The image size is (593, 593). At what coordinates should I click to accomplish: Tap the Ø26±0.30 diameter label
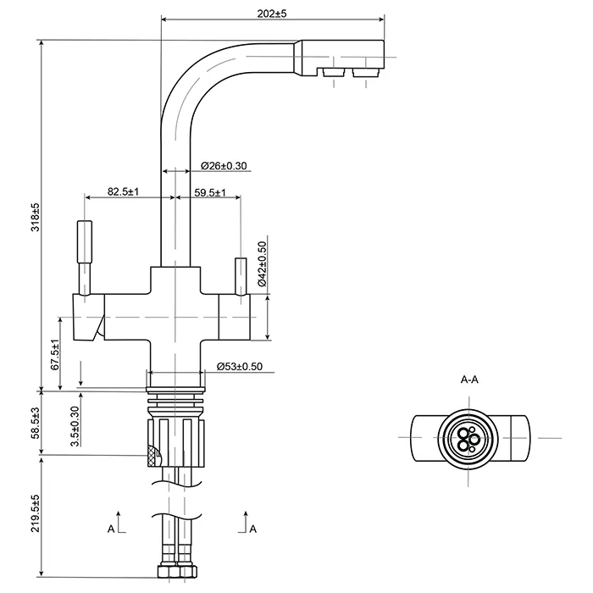[x=224, y=166]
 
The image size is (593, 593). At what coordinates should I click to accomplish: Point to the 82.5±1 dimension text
[x=124, y=192]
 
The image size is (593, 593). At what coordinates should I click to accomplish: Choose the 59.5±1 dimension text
[x=209, y=192]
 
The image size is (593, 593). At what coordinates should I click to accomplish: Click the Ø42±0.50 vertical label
[x=263, y=264]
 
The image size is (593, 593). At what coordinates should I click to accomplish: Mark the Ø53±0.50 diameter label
[x=240, y=366]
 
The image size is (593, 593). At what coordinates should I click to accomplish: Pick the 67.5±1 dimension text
[x=55, y=354]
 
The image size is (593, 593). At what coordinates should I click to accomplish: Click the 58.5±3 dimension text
[x=36, y=420]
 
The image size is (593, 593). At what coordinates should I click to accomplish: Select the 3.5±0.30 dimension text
[x=75, y=425]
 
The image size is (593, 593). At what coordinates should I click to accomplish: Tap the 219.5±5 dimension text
[x=36, y=523]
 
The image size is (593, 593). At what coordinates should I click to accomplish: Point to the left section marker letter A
[x=111, y=529]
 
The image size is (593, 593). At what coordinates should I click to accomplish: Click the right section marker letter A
[x=252, y=529]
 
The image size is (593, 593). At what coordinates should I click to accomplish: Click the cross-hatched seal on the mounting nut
[x=152, y=455]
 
